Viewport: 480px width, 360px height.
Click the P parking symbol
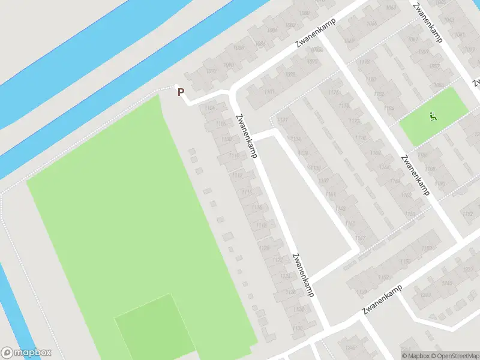(180, 92)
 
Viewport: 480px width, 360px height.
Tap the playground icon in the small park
(433, 116)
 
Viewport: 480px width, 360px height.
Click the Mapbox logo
(26, 353)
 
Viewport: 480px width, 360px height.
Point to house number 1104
(209, 108)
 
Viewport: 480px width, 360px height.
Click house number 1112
(238, 175)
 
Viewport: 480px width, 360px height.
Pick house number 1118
(261, 225)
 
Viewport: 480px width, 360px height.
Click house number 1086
(272, 30)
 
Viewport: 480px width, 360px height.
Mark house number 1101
(269, 92)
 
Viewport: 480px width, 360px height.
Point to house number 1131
(283, 121)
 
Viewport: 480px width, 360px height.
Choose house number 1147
(361, 238)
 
